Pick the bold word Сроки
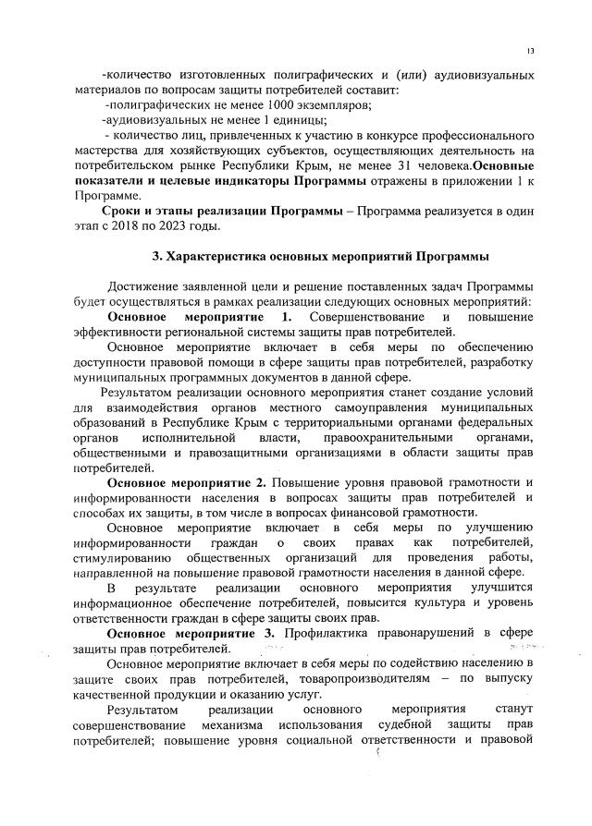coord(127,211)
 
